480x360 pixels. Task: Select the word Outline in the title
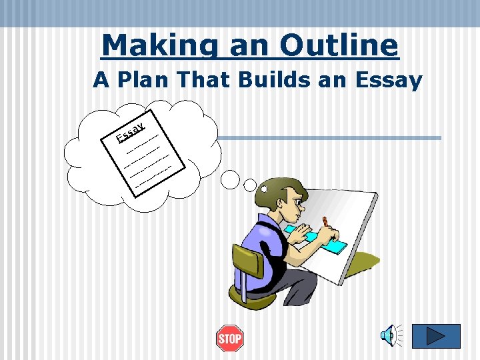click(339, 45)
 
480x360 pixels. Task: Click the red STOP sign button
click(230, 339)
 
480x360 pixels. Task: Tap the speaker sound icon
click(391, 335)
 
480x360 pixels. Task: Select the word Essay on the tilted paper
click(131, 132)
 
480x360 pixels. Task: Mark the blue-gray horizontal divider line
click(330, 138)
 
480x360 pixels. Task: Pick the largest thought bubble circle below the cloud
click(230, 178)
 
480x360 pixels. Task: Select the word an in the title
click(247, 45)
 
